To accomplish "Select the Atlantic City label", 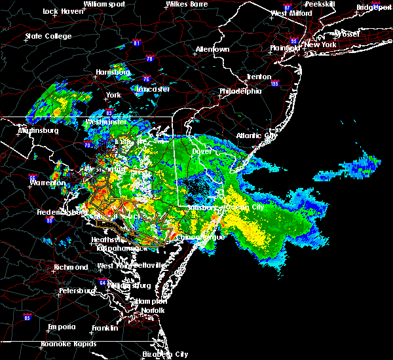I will coord(257,136).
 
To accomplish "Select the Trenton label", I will coord(259,77).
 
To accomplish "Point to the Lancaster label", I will coord(153,89).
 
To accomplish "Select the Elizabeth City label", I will coord(164,354).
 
